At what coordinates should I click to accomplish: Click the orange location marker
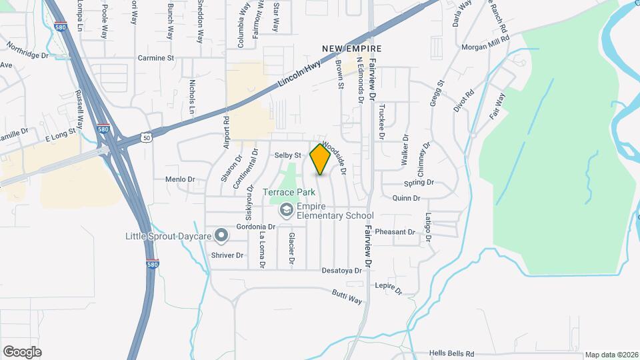pos(320,159)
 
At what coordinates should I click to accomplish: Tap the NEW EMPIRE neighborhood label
pos(351,49)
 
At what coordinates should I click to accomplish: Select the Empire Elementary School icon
pos(286,210)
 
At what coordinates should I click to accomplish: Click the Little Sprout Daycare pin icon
pos(222,236)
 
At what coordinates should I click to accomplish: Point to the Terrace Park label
pos(289,193)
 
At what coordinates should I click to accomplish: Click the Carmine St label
pos(155,59)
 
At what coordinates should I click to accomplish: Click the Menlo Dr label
pos(180,179)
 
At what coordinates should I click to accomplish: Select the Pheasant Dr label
pos(395,232)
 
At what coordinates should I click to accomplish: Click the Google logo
pos(22,351)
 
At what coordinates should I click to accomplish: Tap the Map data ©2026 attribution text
pos(610,355)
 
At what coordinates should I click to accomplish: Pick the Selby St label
pos(289,155)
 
